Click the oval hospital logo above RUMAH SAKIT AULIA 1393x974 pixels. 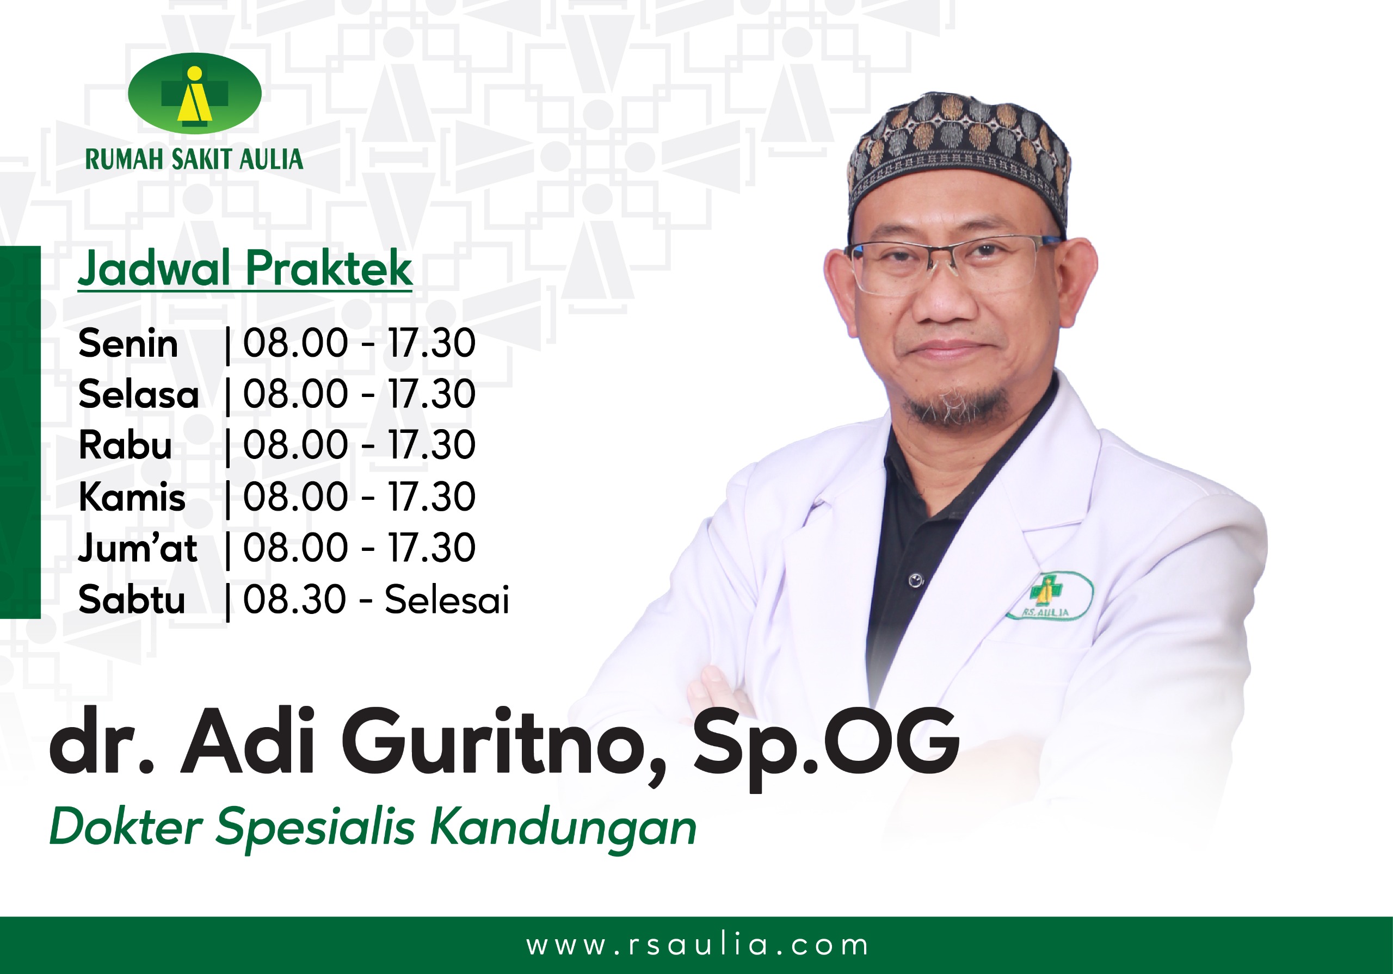(195, 94)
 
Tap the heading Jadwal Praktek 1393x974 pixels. (245, 269)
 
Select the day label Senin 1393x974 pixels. (128, 343)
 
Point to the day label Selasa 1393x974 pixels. (139, 394)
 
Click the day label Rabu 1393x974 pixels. (126, 445)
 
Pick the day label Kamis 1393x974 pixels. (132, 497)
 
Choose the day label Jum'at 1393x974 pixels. (138, 548)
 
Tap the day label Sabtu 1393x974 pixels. (132, 599)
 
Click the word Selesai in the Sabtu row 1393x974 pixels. (447, 599)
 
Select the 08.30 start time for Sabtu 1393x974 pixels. (295, 599)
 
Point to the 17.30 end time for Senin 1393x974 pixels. (432, 343)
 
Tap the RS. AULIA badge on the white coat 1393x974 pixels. (1050, 595)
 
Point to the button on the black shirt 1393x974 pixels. (916, 580)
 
